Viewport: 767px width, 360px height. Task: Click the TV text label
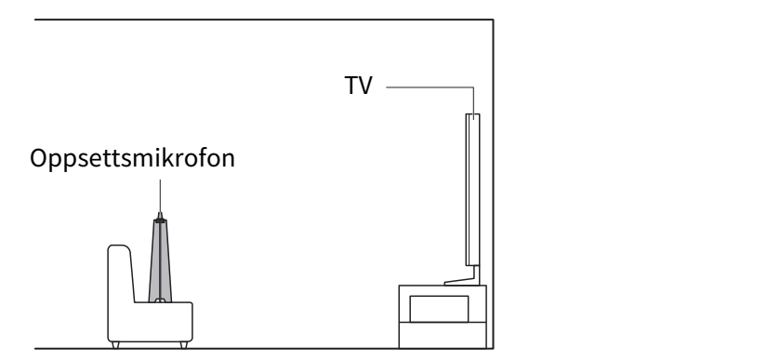click(359, 86)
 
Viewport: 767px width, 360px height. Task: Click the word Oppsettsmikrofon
click(133, 158)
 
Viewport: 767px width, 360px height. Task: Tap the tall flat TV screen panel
click(472, 190)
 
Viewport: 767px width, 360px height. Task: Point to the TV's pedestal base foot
click(462, 282)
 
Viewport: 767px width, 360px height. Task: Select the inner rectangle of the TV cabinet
click(439, 309)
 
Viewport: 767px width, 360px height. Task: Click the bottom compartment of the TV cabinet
click(443, 335)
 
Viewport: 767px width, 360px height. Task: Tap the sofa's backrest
click(120, 273)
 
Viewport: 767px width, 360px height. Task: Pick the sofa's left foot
click(115, 345)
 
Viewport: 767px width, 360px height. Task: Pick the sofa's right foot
click(184, 345)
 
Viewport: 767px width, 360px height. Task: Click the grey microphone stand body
click(160, 261)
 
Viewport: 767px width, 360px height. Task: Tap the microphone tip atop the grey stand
click(160, 216)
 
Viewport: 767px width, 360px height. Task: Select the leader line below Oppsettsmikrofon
click(160, 195)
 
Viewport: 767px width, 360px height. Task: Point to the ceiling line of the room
click(264, 20)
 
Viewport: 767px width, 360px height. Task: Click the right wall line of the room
click(493, 184)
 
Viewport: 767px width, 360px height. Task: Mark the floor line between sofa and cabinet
click(294, 348)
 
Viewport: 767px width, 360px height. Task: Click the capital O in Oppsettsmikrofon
click(38, 158)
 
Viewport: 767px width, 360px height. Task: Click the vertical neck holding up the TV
click(476, 273)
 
